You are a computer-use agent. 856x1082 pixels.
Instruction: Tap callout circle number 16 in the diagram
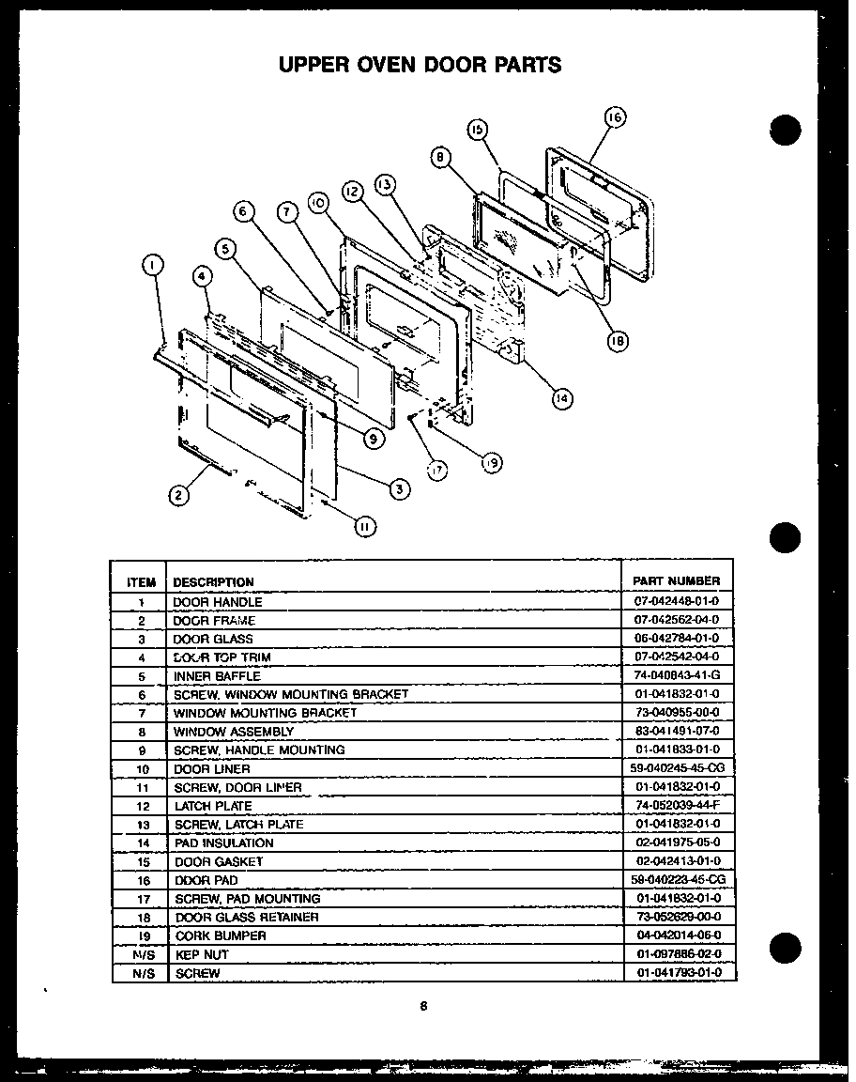tap(614, 118)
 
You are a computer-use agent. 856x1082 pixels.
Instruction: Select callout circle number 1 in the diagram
tap(151, 266)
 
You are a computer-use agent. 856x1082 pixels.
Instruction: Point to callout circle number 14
tap(561, 398)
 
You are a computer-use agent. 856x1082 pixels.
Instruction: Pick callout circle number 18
tap(617, 342)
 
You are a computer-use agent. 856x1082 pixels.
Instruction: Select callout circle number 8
tap(439, 158)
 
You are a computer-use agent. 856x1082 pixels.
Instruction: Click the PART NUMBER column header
tap(676, 581)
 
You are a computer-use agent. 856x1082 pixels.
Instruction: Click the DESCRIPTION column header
tap(213, 582)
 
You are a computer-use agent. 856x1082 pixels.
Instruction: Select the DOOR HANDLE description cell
tap(218, 602)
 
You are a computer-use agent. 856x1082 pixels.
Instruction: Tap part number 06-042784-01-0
tap(676, 639)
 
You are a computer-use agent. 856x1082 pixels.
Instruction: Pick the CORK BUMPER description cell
tap(221, 936)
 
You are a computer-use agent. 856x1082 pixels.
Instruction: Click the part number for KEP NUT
tap(676, 955)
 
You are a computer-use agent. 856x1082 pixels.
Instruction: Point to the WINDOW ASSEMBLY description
tap(228, 732)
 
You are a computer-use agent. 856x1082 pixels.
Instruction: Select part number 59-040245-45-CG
tap(678, 769)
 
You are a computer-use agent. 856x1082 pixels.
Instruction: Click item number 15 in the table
tap(141, 862)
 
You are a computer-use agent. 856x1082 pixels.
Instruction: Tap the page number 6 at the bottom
tap(423, 1006)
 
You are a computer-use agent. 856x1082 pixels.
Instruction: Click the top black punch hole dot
tap(785, 130)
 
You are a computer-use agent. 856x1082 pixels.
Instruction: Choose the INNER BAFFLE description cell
tap(217, 676)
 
